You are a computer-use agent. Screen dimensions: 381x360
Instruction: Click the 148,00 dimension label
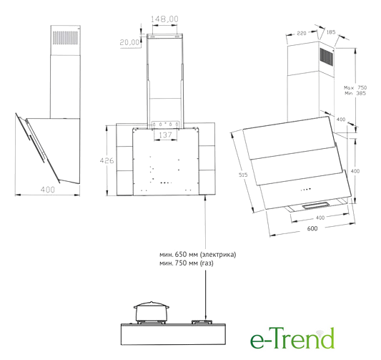point(164,19)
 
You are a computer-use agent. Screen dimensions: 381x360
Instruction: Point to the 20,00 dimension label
point(130,42)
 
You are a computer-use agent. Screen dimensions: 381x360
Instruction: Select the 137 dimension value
point(165,135)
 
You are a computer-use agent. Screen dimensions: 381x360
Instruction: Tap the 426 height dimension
point(107,160)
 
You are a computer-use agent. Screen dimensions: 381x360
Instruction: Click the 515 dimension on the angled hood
point(243,175)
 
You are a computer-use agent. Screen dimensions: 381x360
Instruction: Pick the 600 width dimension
point(312,228)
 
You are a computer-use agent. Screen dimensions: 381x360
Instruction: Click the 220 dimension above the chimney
point(302,33)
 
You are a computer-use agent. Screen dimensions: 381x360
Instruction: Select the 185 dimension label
point(331,32)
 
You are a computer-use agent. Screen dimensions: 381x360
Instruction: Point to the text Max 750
point(355,87)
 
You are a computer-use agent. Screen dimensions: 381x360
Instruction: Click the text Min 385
point(355,94)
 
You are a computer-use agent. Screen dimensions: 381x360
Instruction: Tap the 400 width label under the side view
point(48,190)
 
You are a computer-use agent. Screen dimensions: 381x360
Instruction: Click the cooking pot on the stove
point(152,311)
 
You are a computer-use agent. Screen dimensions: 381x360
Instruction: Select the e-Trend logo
point(292,338)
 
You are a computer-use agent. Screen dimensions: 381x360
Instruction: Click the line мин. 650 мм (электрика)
point(197,255)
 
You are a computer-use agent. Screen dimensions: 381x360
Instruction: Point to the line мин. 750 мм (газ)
point(187,263)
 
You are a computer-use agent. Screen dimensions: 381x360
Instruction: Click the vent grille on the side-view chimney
point(65,38)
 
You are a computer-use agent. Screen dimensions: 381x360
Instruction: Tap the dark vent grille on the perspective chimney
point(327,57)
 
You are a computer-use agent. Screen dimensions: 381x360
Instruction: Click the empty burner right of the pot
point(202,322)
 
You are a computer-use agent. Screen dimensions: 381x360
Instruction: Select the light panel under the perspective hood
point(316,206)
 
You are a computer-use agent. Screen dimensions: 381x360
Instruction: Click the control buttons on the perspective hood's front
point(306,189)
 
